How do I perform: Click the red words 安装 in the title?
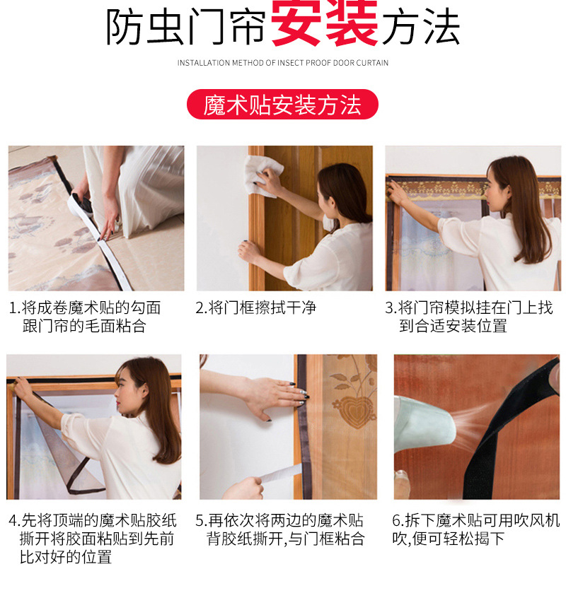324,26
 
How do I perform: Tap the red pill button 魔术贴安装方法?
282,105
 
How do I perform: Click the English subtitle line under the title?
282,63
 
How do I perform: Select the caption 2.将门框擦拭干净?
255,308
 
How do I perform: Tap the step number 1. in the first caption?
15,308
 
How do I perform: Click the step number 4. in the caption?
15,521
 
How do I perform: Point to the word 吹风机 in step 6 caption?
538,521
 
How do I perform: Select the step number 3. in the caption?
391,308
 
